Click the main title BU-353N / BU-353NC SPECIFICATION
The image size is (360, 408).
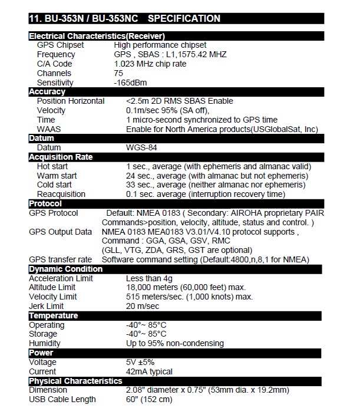coord(124,18)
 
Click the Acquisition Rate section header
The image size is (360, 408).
coord(61,157)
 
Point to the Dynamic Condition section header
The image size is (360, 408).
coord(65,269)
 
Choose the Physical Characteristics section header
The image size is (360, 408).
coord(75,381)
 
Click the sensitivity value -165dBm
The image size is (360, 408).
coord(131,83)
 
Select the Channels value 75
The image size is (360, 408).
coord(118,73)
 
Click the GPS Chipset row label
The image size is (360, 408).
coord(60,45)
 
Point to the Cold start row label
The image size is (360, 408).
coord(54,185)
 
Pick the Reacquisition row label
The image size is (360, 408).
coord(61,194)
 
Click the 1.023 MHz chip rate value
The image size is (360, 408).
coord(151,64)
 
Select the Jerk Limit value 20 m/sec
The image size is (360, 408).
coord(143,306)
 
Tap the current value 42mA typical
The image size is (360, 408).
coord(149,371)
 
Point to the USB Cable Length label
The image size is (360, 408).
coord(62,400)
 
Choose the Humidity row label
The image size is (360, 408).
coord(45,343)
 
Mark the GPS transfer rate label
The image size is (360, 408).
coord(60,259)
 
